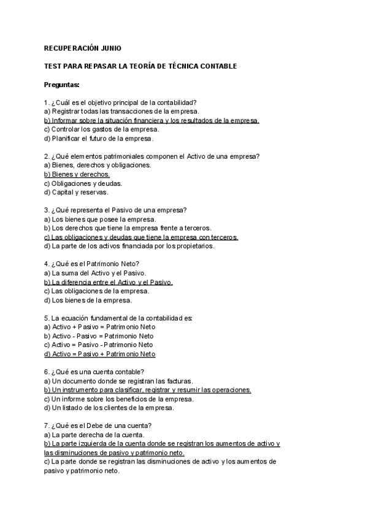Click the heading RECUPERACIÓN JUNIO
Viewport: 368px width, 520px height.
click(x=83, y=48)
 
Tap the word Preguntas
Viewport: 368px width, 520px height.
click(x=62, y=84)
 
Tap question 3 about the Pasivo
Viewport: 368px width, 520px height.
click(x=116, y=210)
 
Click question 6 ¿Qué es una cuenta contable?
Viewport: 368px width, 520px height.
click(x=94, y=372)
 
